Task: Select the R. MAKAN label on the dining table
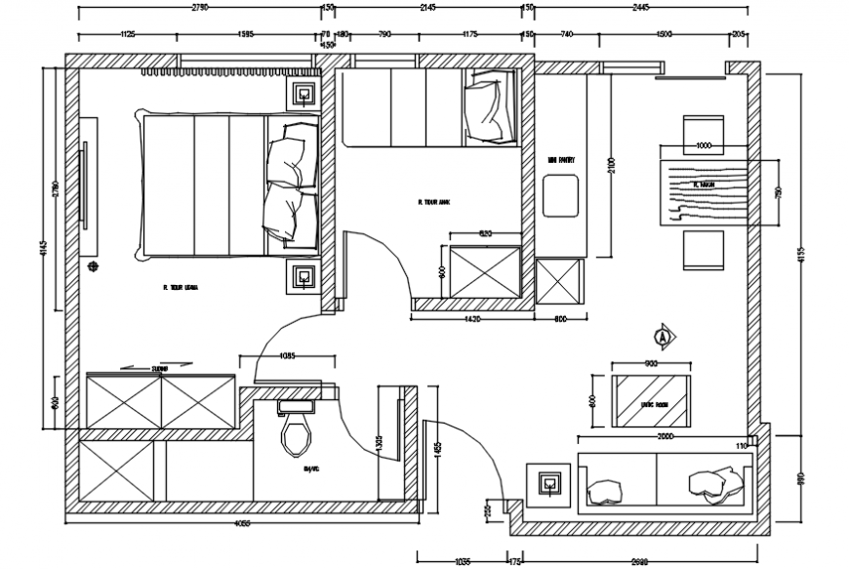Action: [705, 183]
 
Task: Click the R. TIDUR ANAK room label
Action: [432, 203]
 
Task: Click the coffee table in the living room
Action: [650, 399]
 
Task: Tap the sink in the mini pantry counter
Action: [560, 196]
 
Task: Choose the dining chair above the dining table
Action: [704, 133]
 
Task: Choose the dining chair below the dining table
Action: [704, 250]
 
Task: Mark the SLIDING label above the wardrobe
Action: [160, 370]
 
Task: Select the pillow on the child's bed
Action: [485, 108]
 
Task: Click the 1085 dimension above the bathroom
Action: [289, 356]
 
